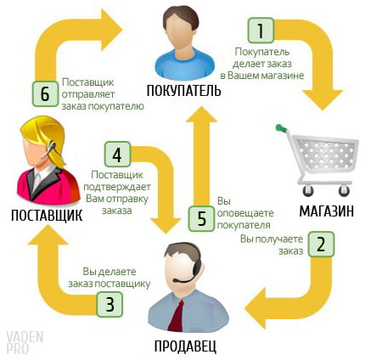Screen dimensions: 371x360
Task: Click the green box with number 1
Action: pyautogui.click(x=261, y=31)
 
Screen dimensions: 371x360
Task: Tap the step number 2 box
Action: pyautogui.click(x=321, y=245)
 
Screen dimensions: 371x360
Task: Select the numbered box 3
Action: pyautogui.click(x=110, y=304)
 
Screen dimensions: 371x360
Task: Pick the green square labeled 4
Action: pyautogui.click(x=117, y=155)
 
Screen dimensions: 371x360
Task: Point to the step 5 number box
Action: pyautogui.click(x=201, y=218)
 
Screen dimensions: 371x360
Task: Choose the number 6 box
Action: pyautogui.click(x=45, y=93)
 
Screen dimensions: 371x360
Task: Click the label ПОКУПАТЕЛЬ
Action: pyautogui.click(x=184, y=91)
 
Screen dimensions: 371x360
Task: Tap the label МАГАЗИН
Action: pyautogui.click(x=327, y=211)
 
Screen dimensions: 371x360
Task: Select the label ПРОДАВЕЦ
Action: pyautogui.click(x=185, y=346)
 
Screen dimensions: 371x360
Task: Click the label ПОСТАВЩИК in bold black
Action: pyautogui.click(x=47, y=216)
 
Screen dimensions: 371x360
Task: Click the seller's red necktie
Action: pyautogui.click(x=177, y=315)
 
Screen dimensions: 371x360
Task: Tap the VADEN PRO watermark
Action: pyautogui.click(x=25, y=342)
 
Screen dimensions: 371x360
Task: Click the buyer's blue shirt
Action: pyautogui.click(x=184, y=65)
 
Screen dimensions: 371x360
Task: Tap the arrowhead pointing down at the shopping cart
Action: pyautogui.click(x=323, y=99)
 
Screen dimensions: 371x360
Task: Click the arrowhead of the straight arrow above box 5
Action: pyautogui.click(x=201, y=115)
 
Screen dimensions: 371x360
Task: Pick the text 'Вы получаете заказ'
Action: pyautogui.click(x=272, y=245)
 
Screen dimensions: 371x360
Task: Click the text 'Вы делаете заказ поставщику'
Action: pyautogui.click(x=110, y=278)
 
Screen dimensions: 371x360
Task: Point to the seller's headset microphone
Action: pyautogui.click(x=181, y=280)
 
